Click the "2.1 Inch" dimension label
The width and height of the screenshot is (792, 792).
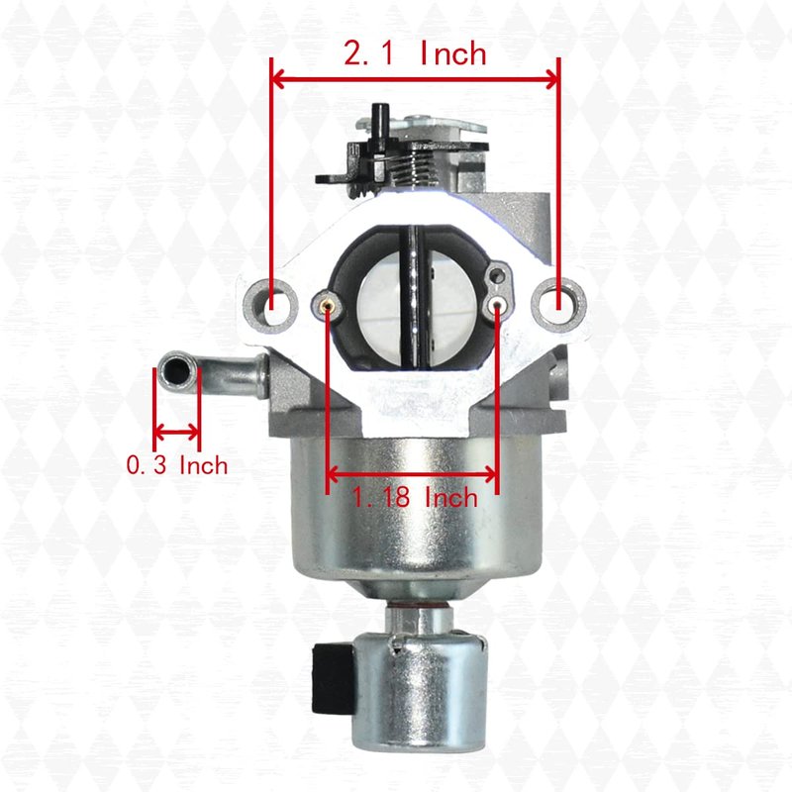[415, 53]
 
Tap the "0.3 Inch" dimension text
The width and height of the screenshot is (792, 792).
[177, 465]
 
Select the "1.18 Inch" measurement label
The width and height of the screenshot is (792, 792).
[414, 498]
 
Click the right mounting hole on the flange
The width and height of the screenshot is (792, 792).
[559, 305]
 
